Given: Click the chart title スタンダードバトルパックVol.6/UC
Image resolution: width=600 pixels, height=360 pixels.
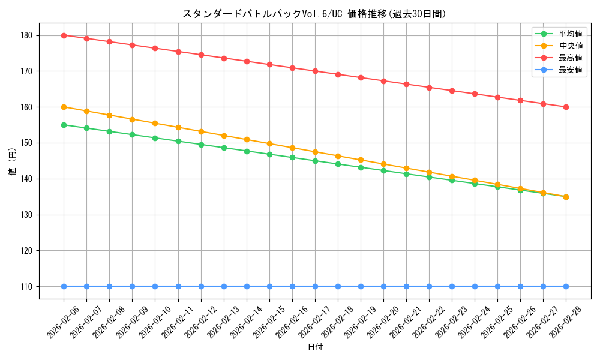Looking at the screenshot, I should pyautogui.click(x=314, y=14).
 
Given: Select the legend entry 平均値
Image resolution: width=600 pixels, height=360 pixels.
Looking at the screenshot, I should pyautogui.click(x=571, y=34).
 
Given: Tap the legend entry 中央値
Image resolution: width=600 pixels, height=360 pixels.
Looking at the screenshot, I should pyautogui.click(x=571, y=46).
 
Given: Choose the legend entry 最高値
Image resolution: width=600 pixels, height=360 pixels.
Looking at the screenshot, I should pyautogui.click(x=571, y=58).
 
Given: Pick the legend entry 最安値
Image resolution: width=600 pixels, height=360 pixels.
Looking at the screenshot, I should pyautogui.click(x=571, y=70).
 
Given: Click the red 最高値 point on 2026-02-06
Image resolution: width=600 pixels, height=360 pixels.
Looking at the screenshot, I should pyautogui.click(x=64, y=35).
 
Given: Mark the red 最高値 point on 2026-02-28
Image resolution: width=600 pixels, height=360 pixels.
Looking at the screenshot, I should pyautogui.click(x=566, y=107).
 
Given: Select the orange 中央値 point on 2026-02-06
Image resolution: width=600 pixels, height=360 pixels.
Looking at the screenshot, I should pyautogui.click(x=64, y=107).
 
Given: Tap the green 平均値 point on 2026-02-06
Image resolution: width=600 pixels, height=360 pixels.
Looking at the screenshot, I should pyautogui.click(x=64, y=125).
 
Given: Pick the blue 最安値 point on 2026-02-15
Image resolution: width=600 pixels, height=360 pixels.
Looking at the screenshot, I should pyautogui.click(x=269, y=286).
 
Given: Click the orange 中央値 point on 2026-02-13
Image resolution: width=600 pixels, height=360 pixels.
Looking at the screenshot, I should pyautogui.click(x=224, y=136).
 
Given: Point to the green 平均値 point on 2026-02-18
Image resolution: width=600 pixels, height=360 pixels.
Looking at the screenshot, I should pyautogui.click(x=338, y=164).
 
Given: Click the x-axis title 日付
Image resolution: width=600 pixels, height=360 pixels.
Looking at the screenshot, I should pyautogui.click(x=315, y=347).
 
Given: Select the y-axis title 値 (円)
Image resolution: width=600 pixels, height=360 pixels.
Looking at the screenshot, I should pyautogui.click(x=13, y=161).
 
